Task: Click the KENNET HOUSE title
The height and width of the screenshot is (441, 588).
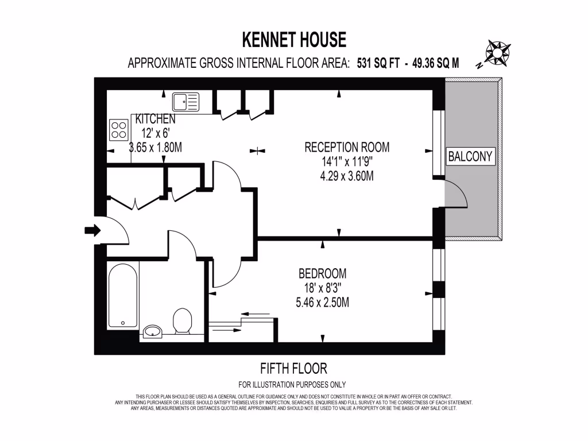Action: pyautogui.click(x=294, y=40)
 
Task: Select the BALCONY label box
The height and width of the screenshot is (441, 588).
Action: pyautogui.click(x=470, y=156)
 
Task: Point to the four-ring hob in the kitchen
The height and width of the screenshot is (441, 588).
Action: pyautogui.click(x=118, y=129)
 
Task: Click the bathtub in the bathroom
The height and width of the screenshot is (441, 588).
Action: pyautogui.click(x=123, y=295)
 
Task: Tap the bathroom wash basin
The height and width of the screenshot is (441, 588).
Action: pyautogui.click(x=153, y=331)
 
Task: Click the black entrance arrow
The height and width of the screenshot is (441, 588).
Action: pyautogui.click(x=92, y=230)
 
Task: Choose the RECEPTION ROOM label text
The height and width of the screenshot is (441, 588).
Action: pyautogui.click(x=347, y=147)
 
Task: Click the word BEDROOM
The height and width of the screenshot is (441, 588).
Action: pyautogui.click(x=322, y=273)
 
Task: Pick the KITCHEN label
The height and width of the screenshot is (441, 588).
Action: pyautogui.click(x=155, y=119)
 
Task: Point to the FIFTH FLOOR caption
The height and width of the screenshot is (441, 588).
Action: pyautogui.click(x=294, y=368)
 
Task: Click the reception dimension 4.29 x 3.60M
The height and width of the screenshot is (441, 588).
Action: pyautogui.click(x=347, y=176)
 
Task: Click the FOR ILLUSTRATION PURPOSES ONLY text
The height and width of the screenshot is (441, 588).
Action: pyautogui.click(x=292, y=385)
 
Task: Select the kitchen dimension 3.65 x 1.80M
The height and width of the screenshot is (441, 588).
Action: pyautogui.click(x=155, y=148)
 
